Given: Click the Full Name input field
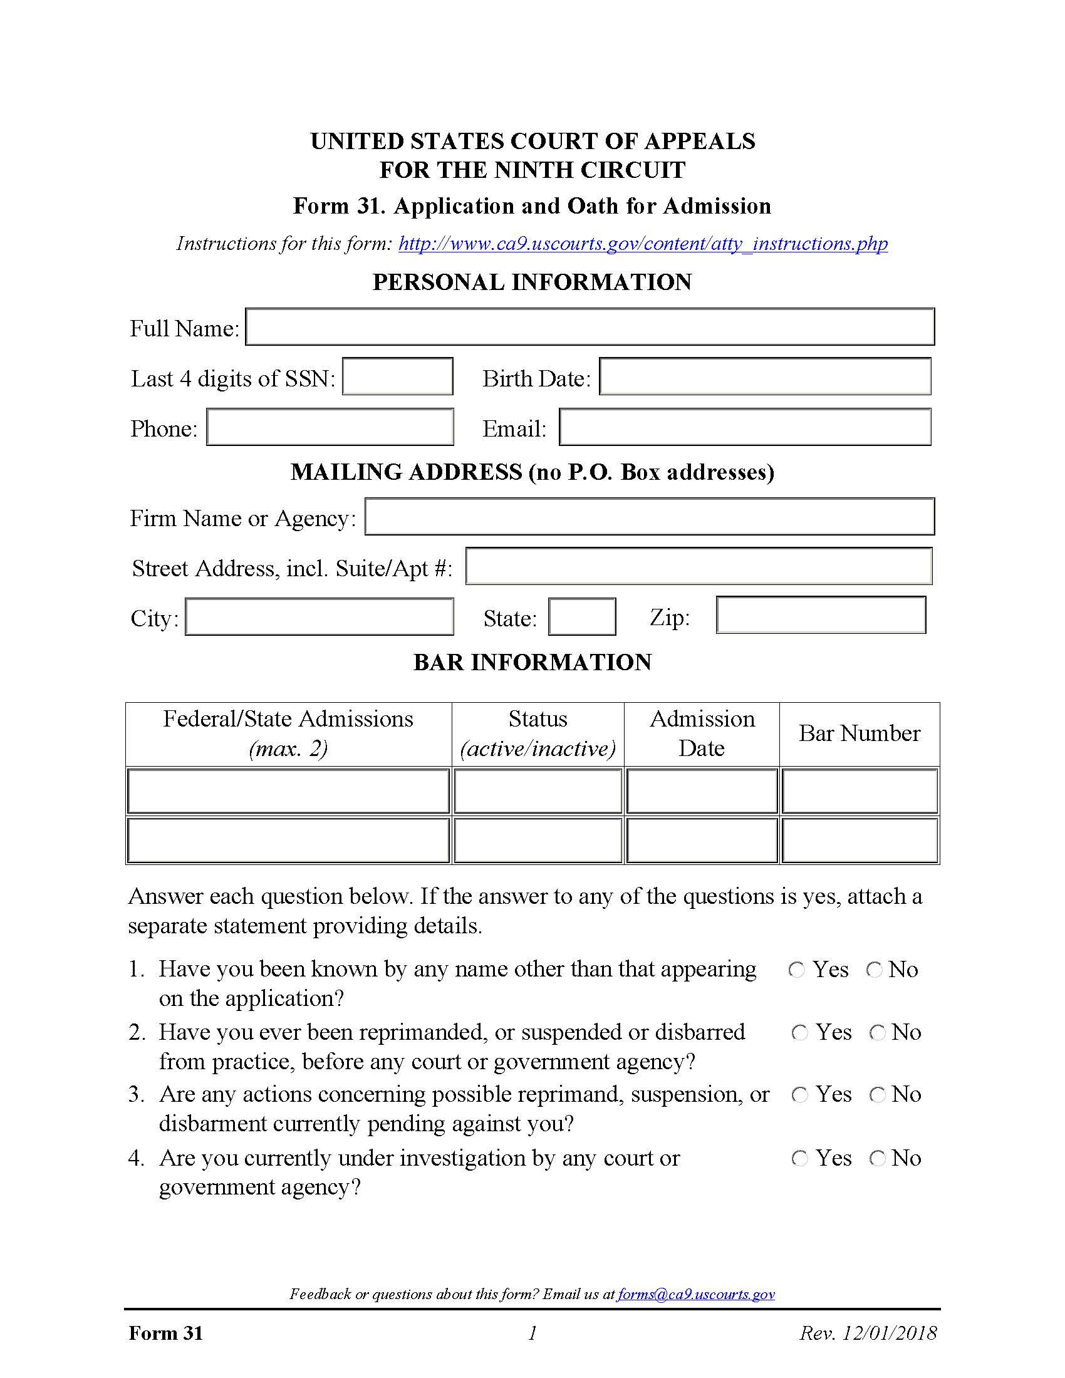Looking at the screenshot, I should click(x=590, y=326).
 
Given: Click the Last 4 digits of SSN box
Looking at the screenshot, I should click(x=397, y=376).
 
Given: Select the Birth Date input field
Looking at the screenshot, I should click(x=765, y=376).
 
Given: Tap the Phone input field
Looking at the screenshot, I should click(x=330, y=427).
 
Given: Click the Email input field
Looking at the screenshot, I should click(x=745, y=427).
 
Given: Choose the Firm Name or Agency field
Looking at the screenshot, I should click(x=649, y=517).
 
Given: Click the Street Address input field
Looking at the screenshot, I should click(x=699, y=567).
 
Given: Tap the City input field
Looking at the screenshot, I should click(x=319, y=616).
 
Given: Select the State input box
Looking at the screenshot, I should click(x=582, y=616).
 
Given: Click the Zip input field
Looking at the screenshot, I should click(x=821, y=615).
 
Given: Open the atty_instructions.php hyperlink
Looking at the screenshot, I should click(x=643, y=244).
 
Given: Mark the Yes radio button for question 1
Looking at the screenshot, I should click(x=797, y=970).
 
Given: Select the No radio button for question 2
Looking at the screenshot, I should click(x=878, y=1033).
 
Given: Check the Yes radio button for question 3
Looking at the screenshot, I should click(x=800, y=1096).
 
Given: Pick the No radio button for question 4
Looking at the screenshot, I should click(x=878, y=1158).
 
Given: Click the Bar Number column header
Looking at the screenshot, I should click(x=860, y=734).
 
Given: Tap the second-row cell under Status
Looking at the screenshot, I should click(x=538, y=841).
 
